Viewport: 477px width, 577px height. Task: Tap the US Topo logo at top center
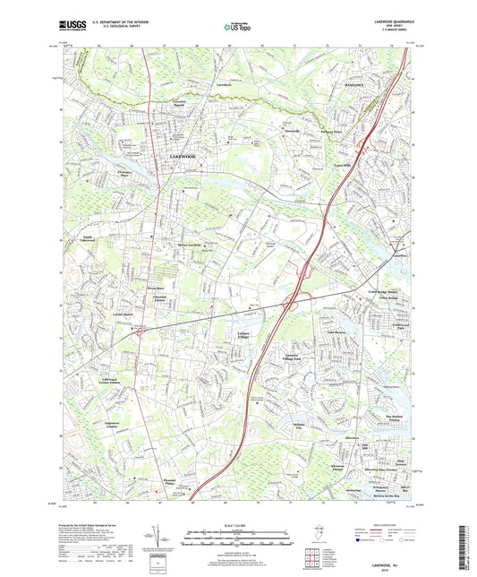pos(236,28)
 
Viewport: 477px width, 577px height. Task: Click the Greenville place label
pos(266,131)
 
